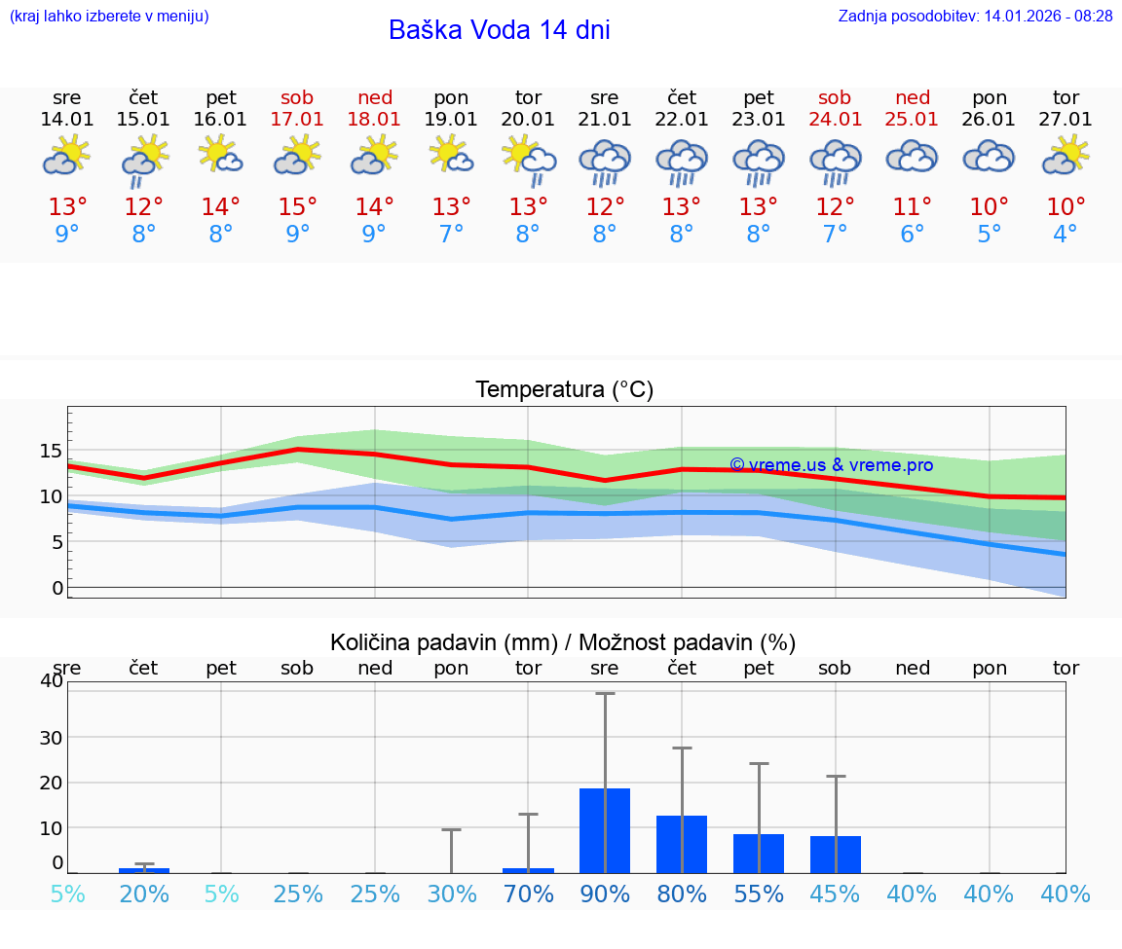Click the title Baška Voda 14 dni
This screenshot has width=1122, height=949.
(x=499, y=30)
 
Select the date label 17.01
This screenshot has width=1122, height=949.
(x=298, y=120)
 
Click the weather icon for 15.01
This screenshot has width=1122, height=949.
(x=144, y=159)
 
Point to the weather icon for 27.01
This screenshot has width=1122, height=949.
(x=1066, y=156)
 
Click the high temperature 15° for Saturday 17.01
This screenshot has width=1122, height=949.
(x=298, y=207)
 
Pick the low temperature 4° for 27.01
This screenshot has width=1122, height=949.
(x=1066, y=235)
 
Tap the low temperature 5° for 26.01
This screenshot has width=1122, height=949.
(x=990, y=235)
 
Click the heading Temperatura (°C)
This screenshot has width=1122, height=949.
(x=564, y=390)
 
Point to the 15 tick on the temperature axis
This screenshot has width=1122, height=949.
(x=51, y=451)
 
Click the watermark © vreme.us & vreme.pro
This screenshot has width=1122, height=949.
(x=831, y=465)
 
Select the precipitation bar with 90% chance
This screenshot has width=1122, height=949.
(x=605, y=830)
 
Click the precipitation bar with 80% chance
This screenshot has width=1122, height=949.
(x=682, y=844)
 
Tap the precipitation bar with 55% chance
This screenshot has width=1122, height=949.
(x=759, y=854)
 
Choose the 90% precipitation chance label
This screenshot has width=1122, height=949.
(x=605, y=894)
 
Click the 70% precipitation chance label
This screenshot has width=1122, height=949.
(x=528, y=894)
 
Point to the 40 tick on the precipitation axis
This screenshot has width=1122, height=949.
(x=51, y=681)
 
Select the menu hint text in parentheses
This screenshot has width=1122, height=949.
(x=109, y=16)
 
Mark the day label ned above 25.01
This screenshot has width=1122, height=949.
(x=913, y=97)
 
